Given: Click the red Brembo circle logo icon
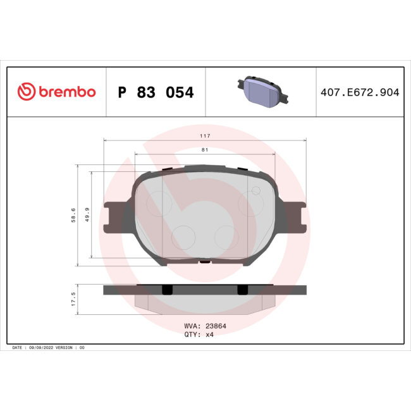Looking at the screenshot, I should tap(26, 92).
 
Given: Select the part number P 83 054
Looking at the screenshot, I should tap(156, 92).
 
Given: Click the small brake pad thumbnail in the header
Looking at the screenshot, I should tap(262, 92).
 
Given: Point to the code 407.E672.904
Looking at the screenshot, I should tap(360, 92).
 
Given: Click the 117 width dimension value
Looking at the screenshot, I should tap(204, 136).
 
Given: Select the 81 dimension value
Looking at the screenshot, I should tap(204, 150).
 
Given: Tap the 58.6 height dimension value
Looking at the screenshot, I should tap(74, 216).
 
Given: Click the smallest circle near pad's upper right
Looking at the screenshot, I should tap(256, 191).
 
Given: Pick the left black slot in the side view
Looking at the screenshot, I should tap(167, 290).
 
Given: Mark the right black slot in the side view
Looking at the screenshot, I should tap(241, 290).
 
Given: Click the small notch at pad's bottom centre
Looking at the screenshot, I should tap(204, 261).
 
